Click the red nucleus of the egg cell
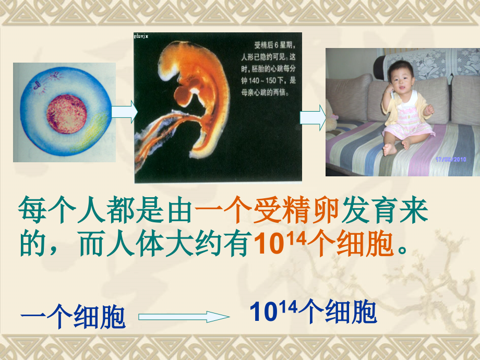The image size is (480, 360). pyautogui.click(x=66, y=113)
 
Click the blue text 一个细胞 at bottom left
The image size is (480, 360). pyautogui.click(x=73, y=317)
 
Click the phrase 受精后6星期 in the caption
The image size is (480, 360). pyautogui.click(x=271, y=45)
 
